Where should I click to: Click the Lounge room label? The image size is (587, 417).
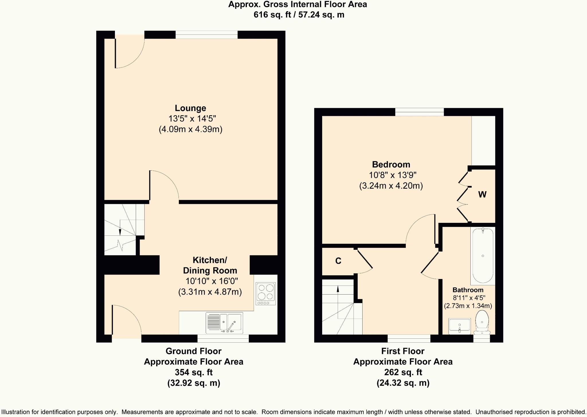click(190, 108)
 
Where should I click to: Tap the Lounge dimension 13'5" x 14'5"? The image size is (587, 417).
click(192, 118)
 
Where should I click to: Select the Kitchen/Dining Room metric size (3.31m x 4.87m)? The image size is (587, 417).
click(210, 292)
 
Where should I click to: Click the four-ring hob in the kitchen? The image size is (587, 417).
click(266, 294)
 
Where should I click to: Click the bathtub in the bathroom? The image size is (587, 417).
click(483, 256)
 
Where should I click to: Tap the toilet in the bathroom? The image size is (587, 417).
click(482, 323)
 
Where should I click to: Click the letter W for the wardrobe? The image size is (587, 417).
click(482, 195)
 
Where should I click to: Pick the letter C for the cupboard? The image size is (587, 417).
click(338, 261)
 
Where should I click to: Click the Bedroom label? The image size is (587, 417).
click(391, 164)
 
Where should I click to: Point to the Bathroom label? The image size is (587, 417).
click(468, 290)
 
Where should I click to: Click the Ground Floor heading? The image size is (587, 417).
click(193, 351)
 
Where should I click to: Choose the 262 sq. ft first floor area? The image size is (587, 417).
click(403, 372)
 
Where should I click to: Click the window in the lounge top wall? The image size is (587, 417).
click(207, 35)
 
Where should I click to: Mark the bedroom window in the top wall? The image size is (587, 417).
click(420, 112)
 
